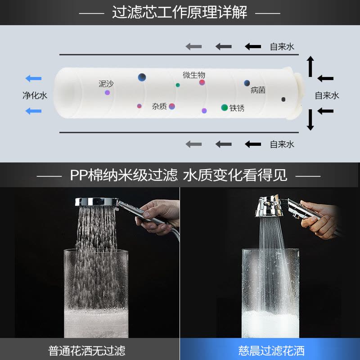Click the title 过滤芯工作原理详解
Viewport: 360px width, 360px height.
(180, 12)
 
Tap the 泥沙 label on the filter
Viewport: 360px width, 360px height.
(107, 84)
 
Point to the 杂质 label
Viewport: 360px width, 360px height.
(159, 106)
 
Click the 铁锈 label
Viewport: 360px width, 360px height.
(237, 108)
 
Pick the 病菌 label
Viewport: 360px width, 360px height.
(258, 90)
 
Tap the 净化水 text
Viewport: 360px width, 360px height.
(35, 95)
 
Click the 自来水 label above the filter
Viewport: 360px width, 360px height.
(282, 46)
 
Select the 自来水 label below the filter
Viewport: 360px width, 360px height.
(282, 144)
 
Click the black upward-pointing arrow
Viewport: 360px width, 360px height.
(310, 67)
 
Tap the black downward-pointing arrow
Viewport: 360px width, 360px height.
(310, 120)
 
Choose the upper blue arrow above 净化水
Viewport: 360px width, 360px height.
(33, 79)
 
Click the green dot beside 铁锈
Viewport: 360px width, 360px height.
(225, 108)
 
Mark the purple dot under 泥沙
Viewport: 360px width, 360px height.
(107, 93)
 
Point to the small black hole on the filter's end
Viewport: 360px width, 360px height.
(283, 99)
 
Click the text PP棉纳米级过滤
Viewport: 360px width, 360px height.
(124, 175)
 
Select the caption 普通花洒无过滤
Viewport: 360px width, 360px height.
(87, 350)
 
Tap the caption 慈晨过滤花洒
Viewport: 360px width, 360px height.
(271, 350)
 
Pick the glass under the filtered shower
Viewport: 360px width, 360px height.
(270, 292)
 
